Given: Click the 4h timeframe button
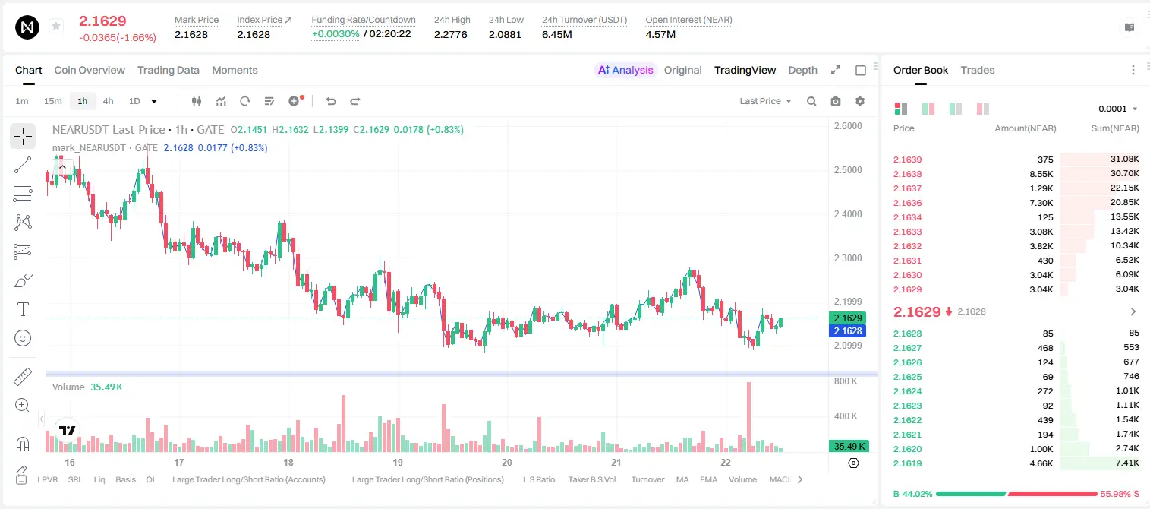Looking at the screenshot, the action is (108, 101).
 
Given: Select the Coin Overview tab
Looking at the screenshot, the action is (90, 70).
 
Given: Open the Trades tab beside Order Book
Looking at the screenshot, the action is (978, 70).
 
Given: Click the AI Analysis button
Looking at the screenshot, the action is (625, 70).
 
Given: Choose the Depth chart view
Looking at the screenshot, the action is (802, 70).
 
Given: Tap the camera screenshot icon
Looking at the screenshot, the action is (836, 101).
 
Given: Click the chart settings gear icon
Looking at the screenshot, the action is (860, 101).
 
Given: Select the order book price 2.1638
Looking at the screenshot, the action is (907, 174).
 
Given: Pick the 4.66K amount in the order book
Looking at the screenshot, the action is (1041, 463).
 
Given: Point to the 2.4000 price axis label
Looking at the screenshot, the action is (848, 214).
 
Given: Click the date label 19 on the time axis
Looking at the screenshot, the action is (397, 462).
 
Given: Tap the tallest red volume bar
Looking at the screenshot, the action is (749, 417).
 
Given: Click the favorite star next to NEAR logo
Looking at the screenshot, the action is (56, 26).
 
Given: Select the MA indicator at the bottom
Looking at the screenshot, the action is (682, 479).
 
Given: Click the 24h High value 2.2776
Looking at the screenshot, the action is (450, 34).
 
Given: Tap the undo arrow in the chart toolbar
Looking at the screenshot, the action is (331, 101).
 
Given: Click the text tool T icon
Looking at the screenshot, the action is (23, 309).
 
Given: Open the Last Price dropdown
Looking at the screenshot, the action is (765, 101).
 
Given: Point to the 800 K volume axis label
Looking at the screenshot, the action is (846, 381).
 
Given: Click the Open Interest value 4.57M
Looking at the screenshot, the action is (660, 34).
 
